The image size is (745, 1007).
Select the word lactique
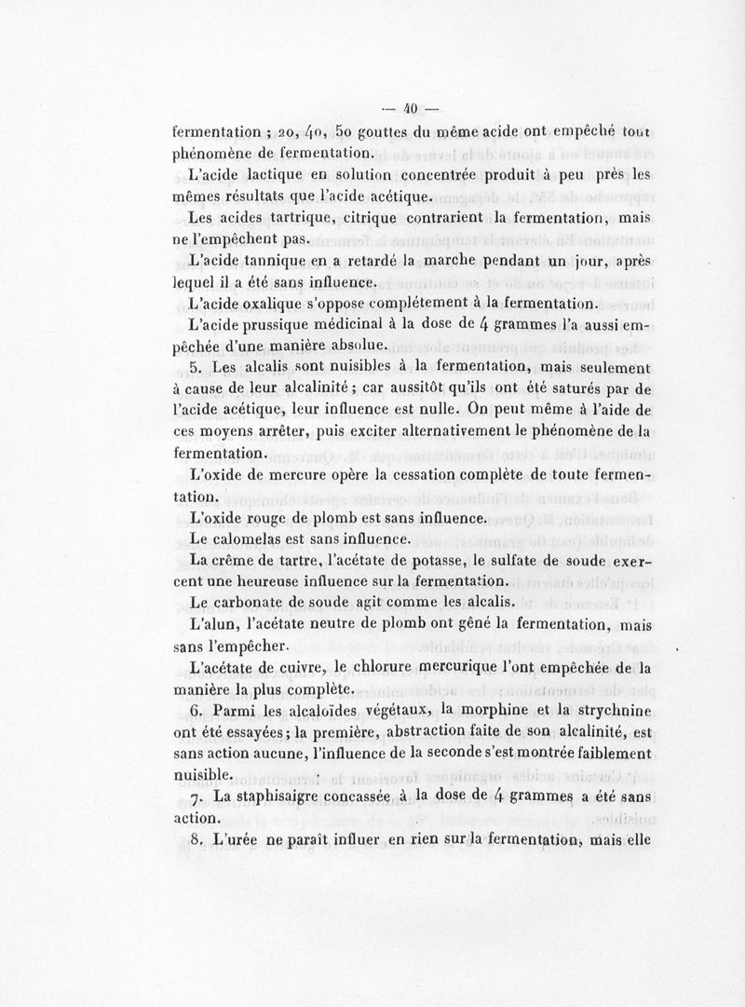pyautogui.click(x=278, y=174)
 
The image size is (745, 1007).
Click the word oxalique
pyautogui.click(x=277, y=305)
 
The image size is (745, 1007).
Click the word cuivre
pyautogui.click(x=324, y=670)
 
